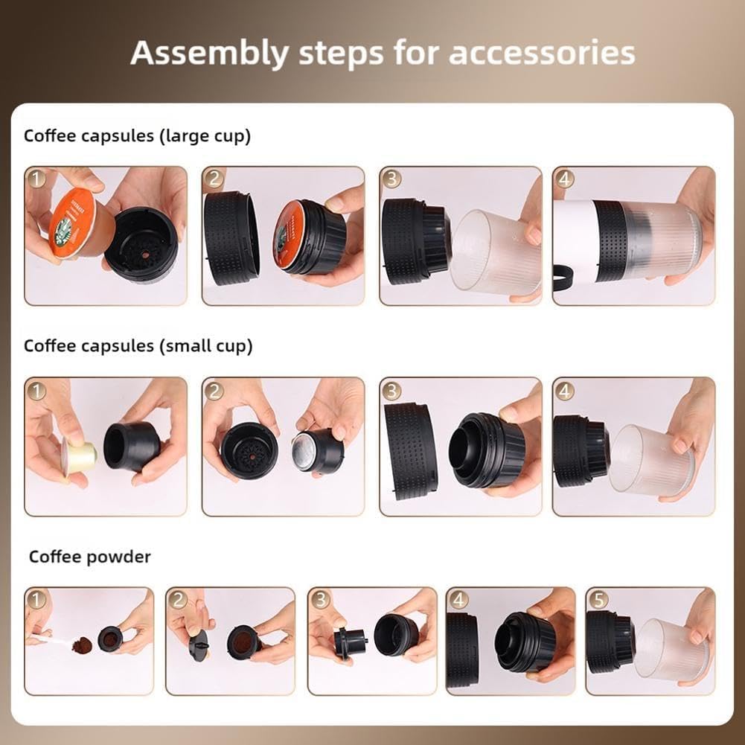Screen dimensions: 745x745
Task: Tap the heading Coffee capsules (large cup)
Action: [x=137, y=136]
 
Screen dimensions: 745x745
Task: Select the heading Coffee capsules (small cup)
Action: [x=138, y=346]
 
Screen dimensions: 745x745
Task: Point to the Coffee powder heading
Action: [x=89, y=557]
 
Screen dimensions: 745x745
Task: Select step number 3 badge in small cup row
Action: [x=391, y=390]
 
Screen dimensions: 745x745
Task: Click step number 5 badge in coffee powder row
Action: [x=598, y=599]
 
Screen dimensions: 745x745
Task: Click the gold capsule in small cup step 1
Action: [x=79, y=456]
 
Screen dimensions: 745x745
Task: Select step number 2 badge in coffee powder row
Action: [x=178, y=599]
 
